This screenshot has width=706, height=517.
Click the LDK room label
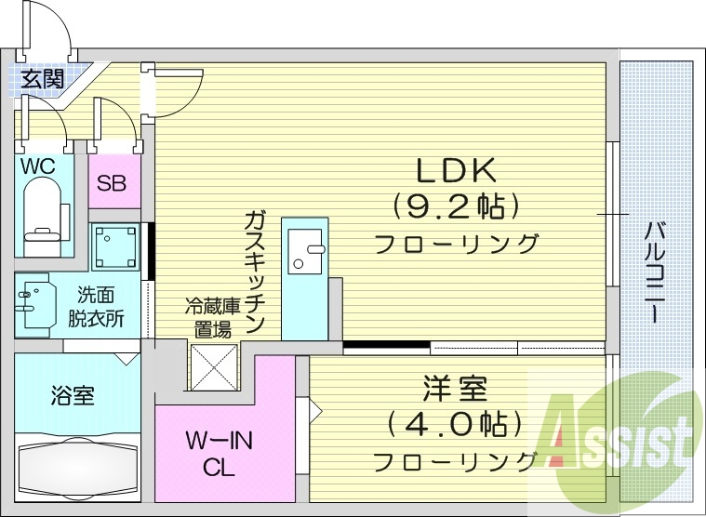tap(458, 169)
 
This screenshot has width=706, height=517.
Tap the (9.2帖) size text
tap(456, 205)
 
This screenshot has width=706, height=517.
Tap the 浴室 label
tap(72, 395)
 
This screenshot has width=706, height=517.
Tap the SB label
tap(114, 182)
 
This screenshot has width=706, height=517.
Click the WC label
tap(39, 166)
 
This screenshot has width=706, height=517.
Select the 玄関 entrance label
tap(42, 78)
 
